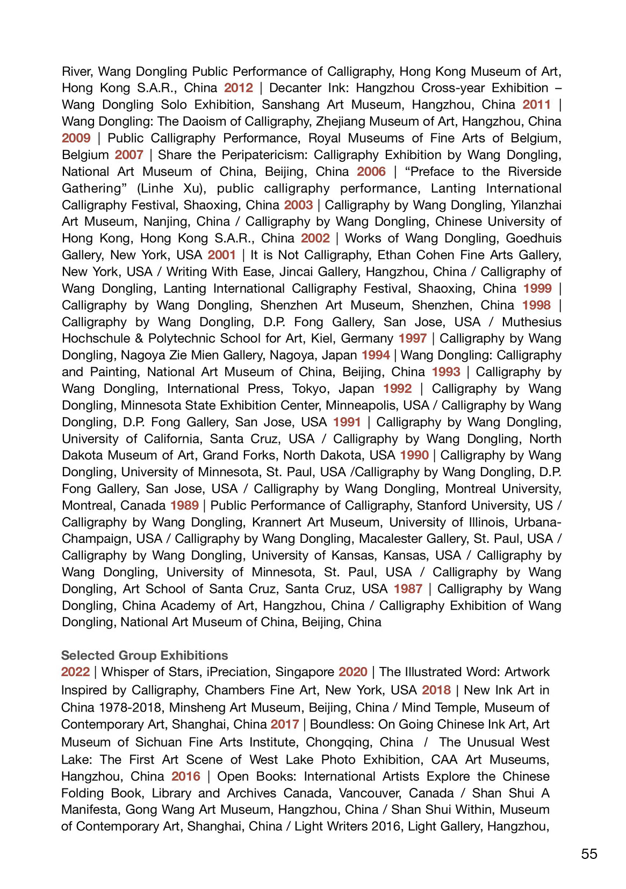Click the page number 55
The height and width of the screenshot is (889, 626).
coord(589,854)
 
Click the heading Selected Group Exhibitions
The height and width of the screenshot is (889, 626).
coord(145,655)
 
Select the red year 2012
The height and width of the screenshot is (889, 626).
coord(239,88)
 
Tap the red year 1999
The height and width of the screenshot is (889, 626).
coord(537,288)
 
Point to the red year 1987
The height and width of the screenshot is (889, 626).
coord(408,589)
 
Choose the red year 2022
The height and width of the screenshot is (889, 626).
coord(75,672)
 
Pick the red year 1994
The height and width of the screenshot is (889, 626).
coord(376,355)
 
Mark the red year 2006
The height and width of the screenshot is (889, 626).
coord(371,171)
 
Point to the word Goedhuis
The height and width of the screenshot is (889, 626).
coord(534,238)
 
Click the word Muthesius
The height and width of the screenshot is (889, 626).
coord(531,322)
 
